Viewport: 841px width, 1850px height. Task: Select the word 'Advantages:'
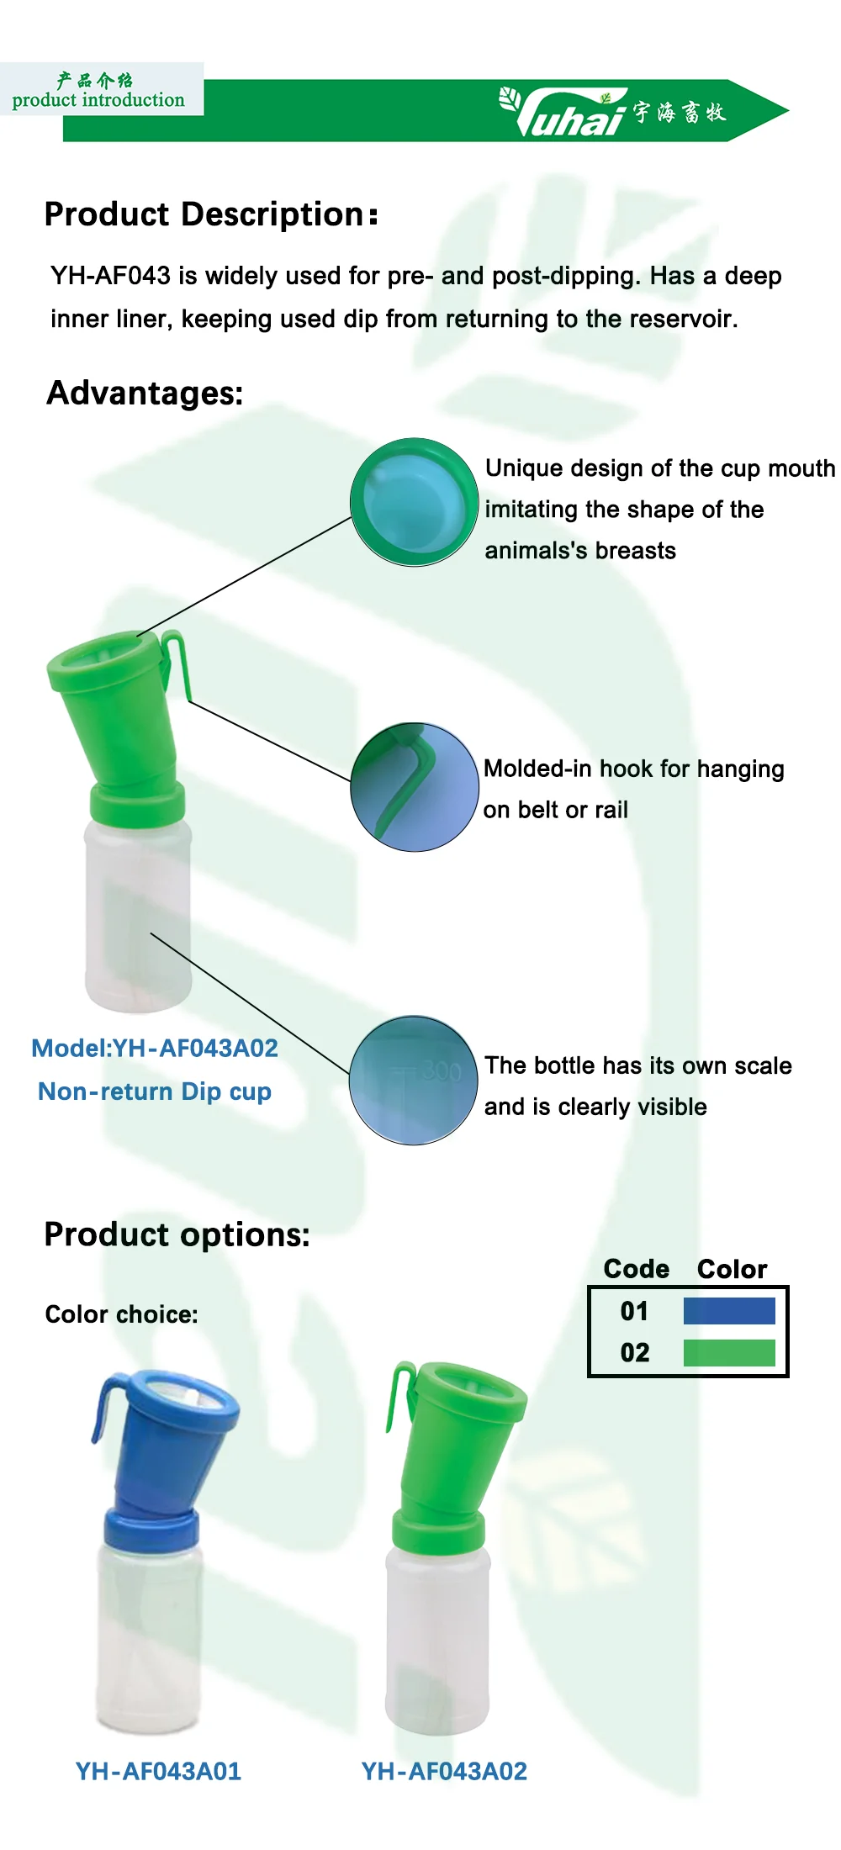click(145, 393)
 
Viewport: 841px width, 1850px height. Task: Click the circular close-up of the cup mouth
click(414, 502)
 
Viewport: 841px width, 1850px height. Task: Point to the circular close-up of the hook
click(414, 787)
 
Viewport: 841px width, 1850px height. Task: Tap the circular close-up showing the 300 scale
click(414, 1080)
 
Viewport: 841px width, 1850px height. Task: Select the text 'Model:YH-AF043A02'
click(155, 1048)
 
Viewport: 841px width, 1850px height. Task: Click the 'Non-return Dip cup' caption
click(155, 1091)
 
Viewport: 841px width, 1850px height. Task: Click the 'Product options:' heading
click(177, 1234)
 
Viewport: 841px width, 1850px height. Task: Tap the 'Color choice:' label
click(121, 1314)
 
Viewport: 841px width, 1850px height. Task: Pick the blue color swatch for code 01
click(729, 1311)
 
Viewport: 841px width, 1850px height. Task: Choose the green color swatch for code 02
click(729, 1353)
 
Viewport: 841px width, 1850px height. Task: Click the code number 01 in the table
click(634, 1311)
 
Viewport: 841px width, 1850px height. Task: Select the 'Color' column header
click(732, 1269)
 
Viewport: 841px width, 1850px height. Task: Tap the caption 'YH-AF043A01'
click(158, 1771)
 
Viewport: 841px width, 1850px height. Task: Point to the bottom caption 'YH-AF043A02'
click(444, 1771)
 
